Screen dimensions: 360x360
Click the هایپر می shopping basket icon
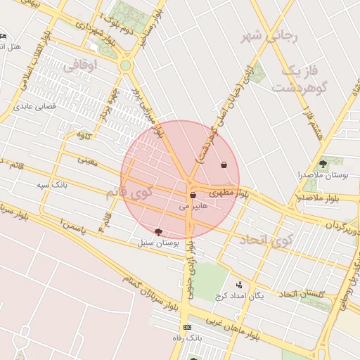193,195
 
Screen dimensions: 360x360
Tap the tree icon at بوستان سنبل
157,231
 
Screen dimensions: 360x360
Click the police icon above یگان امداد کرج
240,285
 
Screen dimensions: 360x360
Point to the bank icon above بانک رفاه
186,328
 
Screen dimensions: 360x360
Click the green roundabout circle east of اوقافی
126,65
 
